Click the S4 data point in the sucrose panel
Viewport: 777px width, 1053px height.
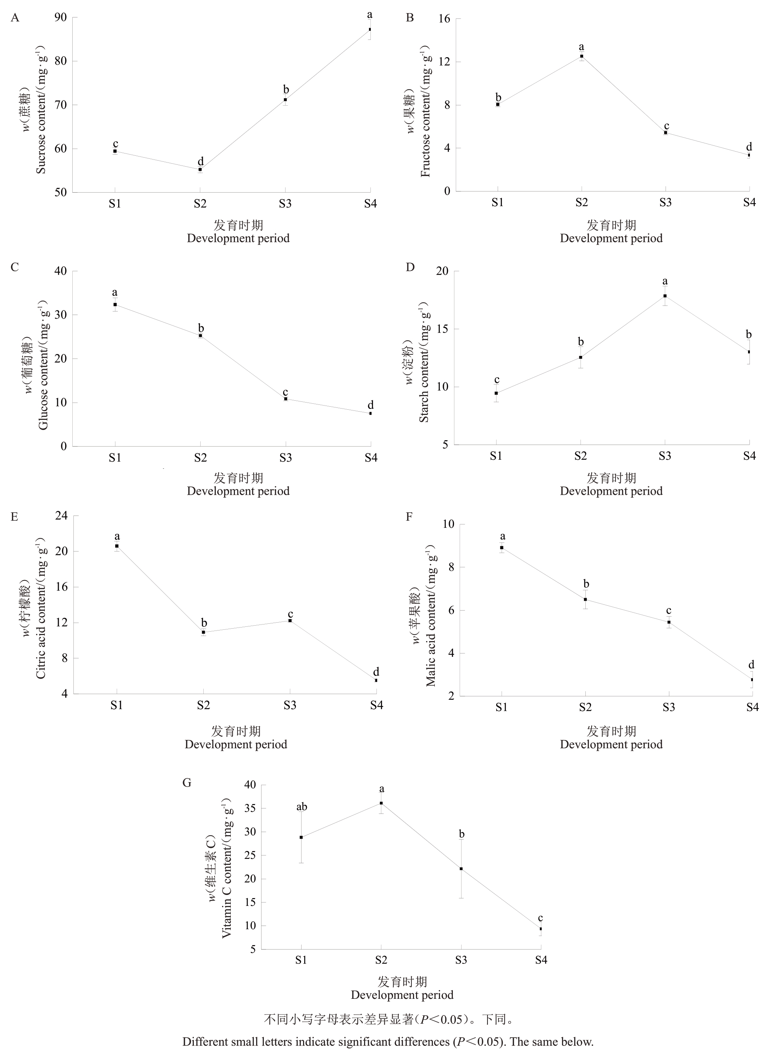pyautogui.click(x=370, y=30)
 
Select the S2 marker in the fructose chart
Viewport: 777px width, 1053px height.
pyautogui.click(x=582, y=56)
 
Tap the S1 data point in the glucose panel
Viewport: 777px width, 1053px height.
pyautogui.click(x=115, y=305)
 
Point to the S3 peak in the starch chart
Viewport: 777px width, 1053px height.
pyautogui.click(x=665, y=296)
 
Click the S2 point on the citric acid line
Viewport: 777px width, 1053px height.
pyautogui.click(x=203, y=632)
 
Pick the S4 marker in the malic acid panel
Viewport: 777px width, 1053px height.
pyautogui.click(x=752, y=680)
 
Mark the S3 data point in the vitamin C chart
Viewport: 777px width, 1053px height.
pyautogui.click(x=461, y=869)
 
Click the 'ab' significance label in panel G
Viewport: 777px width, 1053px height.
pyautogui.click(x=302, y=807)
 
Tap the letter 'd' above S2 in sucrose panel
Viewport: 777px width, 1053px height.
pyautogui.click(x=200, y=161)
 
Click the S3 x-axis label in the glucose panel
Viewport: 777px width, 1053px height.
pyautogui.click(x=285, y=458)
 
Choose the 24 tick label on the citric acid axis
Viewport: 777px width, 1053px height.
pyautogui.click(x=61, y=516)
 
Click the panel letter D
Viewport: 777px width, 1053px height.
pyautogui.click(x=410, y=267)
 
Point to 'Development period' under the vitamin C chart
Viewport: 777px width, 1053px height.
pyautogui.click(x=402, y=995)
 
